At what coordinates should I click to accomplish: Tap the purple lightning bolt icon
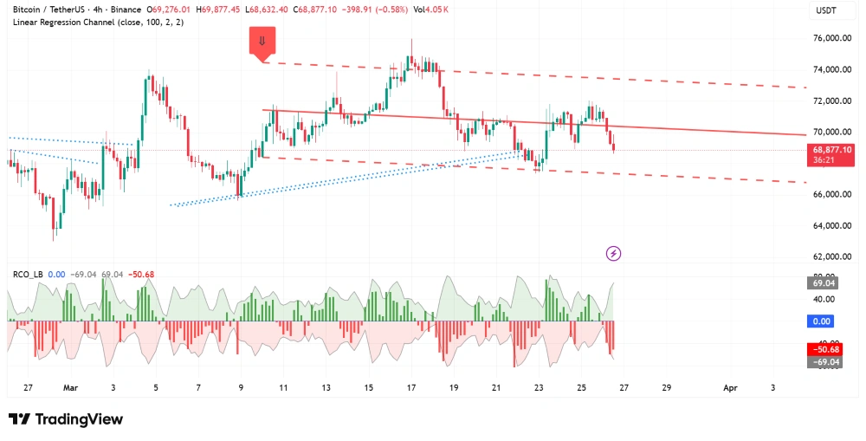(x=614, y=253)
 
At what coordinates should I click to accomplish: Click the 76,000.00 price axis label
(x=830, y=38)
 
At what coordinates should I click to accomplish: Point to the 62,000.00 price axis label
(x=830, y=256)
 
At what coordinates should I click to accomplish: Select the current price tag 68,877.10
(x=832, y=150)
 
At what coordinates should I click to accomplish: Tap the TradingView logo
(x=66, y=419)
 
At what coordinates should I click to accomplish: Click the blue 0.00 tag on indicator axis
(x=822, y=321)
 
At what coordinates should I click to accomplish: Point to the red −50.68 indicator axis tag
(x=824, y=349)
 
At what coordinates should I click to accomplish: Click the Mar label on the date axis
(x=70, y=388)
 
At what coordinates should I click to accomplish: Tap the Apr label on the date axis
(x=730, y=388)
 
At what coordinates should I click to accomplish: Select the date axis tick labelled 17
(x=410, y=388)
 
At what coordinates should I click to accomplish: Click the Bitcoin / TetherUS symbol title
(x=60, y=9)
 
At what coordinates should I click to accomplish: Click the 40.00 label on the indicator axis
(x=824, y=299)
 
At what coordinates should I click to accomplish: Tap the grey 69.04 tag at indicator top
(x=823, y=283)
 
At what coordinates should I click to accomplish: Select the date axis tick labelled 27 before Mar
(x=29, y=388)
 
